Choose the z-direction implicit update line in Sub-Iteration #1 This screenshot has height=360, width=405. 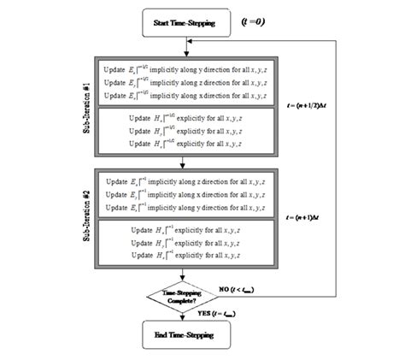tap(183, 82)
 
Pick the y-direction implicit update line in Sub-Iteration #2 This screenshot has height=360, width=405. tap(183, 209)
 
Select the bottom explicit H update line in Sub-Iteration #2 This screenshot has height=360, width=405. tap(183, 255)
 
